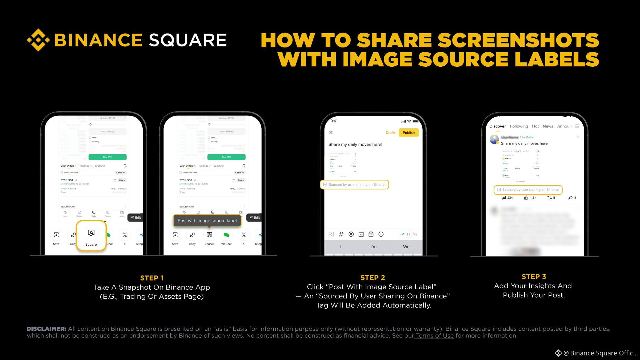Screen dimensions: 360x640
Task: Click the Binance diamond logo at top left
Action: (x=38, y=40)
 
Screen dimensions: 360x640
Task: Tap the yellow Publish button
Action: (x=409, y=133)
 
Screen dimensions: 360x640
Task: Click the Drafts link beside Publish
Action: (x=390, y=133)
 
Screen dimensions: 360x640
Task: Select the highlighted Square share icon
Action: (x=91, y=233)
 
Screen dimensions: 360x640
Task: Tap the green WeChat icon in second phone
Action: (x=226, y=235)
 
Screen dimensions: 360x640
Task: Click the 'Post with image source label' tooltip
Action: (x=207, y=221)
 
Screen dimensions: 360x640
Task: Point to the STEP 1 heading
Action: (x=152, y=278)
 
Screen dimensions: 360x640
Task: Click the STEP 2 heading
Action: (x=373, y=278)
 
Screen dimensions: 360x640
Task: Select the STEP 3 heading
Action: (x=534, y=277)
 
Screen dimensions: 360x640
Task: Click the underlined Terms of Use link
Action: (x=435, y=336)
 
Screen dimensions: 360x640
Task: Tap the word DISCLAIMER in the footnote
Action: (x=46, y=329)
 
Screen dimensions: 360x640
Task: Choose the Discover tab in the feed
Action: (x=497, y=126)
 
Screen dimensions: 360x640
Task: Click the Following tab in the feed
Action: (x=519, y=126)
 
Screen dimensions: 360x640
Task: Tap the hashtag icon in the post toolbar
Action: (x=341, y=234)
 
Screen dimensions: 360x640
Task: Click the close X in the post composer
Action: (x=331, y=133)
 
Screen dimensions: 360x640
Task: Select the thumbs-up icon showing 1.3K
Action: (x=526, y=198)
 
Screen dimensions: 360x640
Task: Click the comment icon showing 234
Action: (x=503, y=198)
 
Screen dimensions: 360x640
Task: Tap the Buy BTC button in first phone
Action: (x=107, y=157)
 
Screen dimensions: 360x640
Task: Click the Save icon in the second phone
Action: (x=175, y=235)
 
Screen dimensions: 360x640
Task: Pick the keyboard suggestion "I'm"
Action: (x=373, y=247)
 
